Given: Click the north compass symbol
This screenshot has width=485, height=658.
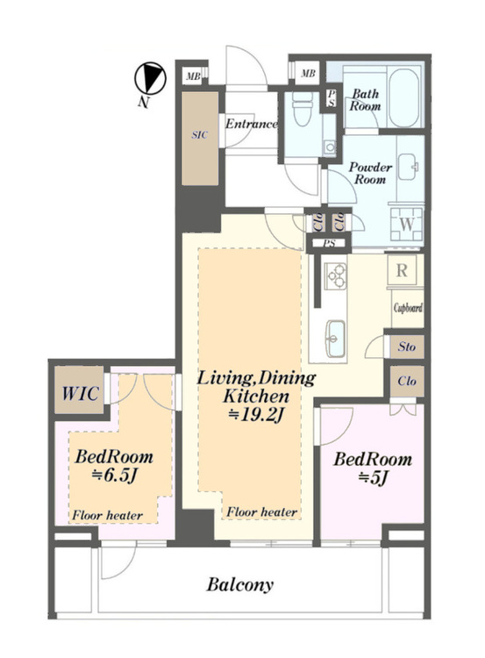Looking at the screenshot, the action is click(x=150, y=78).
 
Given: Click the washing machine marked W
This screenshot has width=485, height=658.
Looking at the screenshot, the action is click(x=406, y=224).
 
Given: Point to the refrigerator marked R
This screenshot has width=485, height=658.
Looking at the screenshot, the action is click(x=402, y=270).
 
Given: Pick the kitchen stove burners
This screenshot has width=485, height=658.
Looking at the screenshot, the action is click(x=335, y=276).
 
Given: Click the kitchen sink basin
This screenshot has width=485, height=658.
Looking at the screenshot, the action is click(x=336, y=339).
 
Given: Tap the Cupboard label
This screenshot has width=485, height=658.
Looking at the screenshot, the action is click(x=408, y=308).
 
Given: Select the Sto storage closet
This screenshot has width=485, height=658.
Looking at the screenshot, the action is click(x=406, y=347).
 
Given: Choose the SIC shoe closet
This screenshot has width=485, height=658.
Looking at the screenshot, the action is click(x=200, y=139).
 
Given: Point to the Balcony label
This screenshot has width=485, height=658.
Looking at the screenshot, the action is click(x=239, y=584).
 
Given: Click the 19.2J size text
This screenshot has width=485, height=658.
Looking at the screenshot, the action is click(x=256, y=415).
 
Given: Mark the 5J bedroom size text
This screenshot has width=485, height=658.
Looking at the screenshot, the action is click(x=372, y=477).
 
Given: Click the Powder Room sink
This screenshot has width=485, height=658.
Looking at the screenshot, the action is click(x=407, y=167).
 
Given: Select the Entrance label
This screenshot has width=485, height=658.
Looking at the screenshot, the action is click(x=251, y=124).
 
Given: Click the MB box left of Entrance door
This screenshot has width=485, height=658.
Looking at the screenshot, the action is click(x=194, y=76).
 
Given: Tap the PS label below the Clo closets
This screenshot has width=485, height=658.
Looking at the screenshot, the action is click(x=330, y=243).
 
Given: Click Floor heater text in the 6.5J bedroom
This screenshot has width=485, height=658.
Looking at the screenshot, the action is click(x=107, y=515).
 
